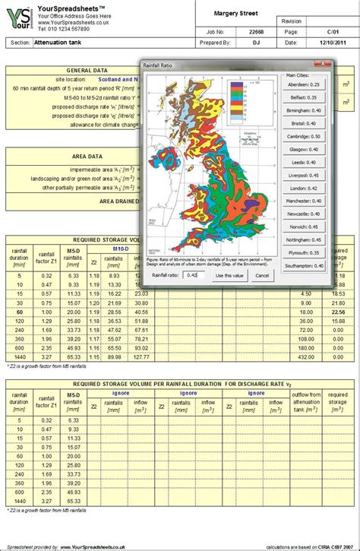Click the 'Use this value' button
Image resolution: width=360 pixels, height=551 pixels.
pos(229,275)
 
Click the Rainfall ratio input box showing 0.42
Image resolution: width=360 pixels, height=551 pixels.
pos(194,275)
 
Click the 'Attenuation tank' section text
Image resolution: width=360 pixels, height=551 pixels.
pos(60,43)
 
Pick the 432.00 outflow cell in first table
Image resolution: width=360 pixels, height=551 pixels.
pos(306,357)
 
